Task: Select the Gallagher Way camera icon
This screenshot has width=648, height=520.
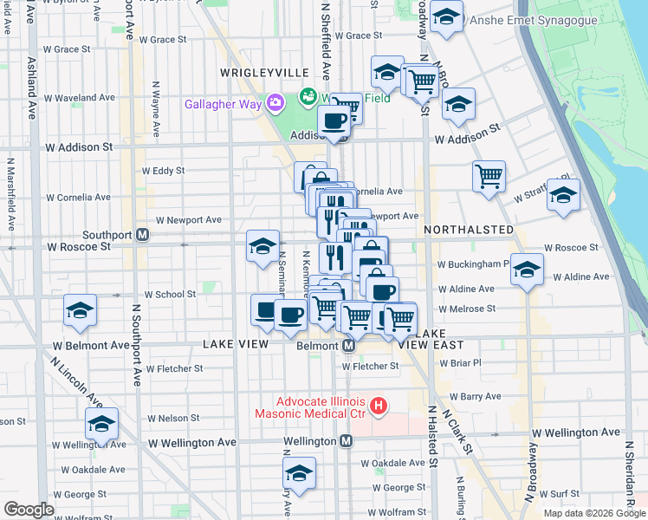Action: pos(276,104)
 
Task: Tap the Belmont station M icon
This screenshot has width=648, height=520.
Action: pos(348,345)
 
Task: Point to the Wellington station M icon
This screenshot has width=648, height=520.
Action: pos(346,441)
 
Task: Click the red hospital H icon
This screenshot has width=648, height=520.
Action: pos(378,406)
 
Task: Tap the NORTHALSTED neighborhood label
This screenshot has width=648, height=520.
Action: pos(469,230)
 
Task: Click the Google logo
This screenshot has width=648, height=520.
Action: pos(29,510)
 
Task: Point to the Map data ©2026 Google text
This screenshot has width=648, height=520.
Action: pos(594,513)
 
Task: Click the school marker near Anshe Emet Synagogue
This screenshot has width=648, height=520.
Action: pos(446,17)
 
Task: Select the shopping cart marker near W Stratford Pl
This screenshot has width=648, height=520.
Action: pos(489,177)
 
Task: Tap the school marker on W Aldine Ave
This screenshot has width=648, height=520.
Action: pos(527,270)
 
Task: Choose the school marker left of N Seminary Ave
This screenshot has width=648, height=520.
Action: pos(262,247)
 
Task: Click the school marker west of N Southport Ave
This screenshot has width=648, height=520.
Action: pos(81,312)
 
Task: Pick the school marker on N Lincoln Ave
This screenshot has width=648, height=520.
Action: pos(101,426)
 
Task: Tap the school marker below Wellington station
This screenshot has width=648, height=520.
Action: pos(299,474)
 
